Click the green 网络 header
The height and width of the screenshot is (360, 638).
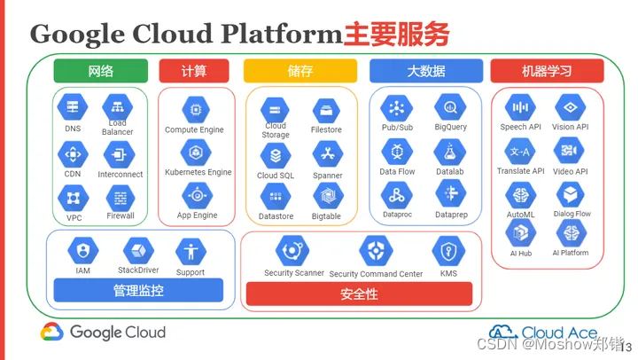click(x=100, y=71)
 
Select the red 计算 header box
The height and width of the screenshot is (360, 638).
click(x=196, y=71)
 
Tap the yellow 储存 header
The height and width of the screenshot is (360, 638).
click(x=300, y=71)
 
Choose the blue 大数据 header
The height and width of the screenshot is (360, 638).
click(x=425, y=71)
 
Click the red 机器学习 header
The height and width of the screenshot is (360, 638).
click(x=546, y=71)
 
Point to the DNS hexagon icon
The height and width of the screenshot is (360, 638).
click(x=73, y=108)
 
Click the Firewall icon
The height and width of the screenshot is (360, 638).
click(x=121, y=197)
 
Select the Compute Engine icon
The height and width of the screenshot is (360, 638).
click(x=195, y=110)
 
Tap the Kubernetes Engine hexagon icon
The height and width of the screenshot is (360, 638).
click(x=195, y=153)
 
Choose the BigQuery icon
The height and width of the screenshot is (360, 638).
click(x=450, y=108)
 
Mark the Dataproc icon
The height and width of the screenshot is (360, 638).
click(x=396, y=194)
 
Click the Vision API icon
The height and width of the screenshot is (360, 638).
click(x=570, y=108)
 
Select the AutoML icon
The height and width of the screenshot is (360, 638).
click(x=520, y=194)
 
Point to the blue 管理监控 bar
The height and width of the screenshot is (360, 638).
click(x=138, y=290)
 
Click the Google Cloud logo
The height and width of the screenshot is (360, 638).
click(x=103, y=333)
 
